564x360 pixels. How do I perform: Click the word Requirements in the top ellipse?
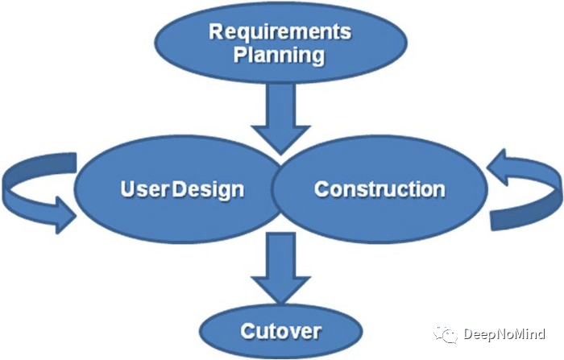(280, 32)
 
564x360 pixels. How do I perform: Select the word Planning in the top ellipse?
(280, 56)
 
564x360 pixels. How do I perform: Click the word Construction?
(379, 189)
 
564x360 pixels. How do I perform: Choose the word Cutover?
(280, 331)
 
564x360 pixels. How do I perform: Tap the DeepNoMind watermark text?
(504, 334)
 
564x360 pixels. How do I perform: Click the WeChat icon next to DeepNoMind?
(447, 333)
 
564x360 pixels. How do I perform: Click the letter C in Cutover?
(247, 331)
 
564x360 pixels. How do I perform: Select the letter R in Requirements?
(216, 32)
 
